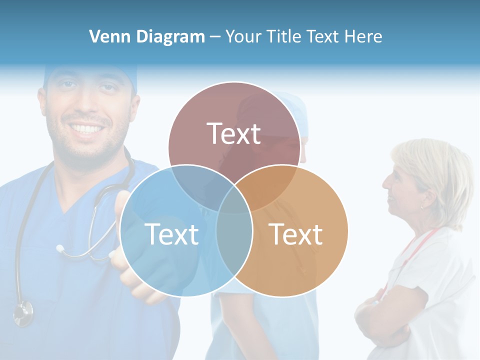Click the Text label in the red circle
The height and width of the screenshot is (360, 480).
coord(234,133)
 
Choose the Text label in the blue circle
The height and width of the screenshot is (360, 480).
coord(171,234)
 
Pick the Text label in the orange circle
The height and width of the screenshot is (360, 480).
coord(296,234)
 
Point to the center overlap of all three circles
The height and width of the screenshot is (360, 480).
coord(234,202)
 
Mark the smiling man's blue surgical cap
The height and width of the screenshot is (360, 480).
coord(90,73)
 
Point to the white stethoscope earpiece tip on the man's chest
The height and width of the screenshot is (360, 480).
coord(60,248)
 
